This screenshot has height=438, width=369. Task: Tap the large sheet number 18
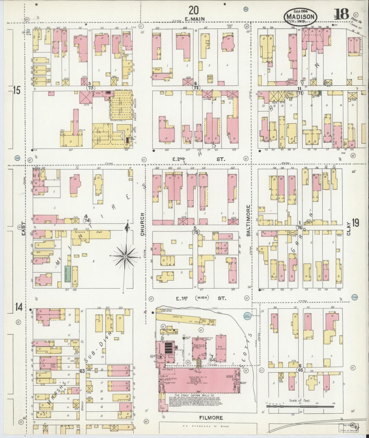[341, 14]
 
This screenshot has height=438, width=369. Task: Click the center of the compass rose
[126, 256]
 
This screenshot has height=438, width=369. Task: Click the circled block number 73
[90, 87]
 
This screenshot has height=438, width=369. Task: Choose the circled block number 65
[301, 370]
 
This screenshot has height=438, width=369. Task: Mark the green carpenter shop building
[67, 274]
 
